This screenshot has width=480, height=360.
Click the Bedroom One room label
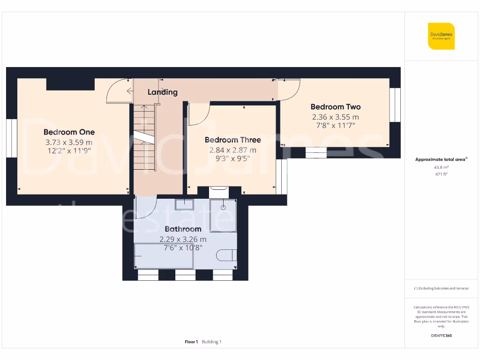click(69, 132)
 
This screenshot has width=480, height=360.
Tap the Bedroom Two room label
click(336, 107)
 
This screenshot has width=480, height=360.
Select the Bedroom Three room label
click(233, 140)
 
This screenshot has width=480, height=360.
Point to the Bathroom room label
click(183, 229)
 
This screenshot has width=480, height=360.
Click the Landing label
click(163, 92)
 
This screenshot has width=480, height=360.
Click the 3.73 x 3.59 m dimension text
click(69, 142)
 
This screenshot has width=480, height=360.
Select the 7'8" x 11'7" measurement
click(336, 126)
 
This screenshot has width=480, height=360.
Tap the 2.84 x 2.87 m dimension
click(233, 150)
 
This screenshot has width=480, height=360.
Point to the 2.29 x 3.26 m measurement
click(183, 239)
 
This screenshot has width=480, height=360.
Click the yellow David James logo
click(441, 36)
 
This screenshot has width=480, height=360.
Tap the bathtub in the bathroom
click(164, 256)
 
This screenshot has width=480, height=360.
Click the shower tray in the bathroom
click(223, 216)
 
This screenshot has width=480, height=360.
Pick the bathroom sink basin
click(184, 204)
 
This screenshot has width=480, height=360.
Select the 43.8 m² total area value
click(441, 167)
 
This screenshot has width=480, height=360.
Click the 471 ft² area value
click(441, 174)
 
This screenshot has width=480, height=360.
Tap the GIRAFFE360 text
click(441, 336)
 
